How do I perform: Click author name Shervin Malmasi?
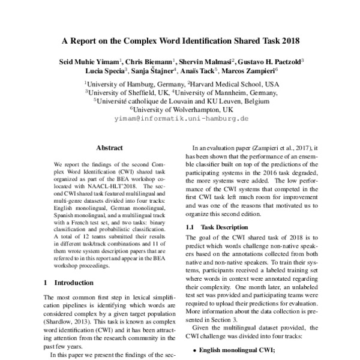[205, 61]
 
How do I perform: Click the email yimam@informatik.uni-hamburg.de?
[181, 119]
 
